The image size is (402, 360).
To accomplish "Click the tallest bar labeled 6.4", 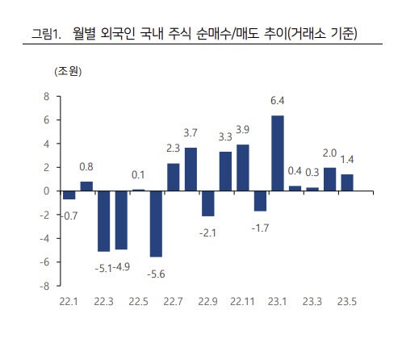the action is click(x=278, y=153).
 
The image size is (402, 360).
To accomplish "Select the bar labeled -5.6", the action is click(x=156, y=224).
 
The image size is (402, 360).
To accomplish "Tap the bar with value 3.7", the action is click(x=191, y=170).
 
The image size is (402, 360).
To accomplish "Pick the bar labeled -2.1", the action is click(x=208, y=203).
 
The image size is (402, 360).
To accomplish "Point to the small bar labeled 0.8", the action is click(x=86, y=186).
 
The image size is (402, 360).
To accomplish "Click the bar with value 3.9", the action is click(x=243, y=168).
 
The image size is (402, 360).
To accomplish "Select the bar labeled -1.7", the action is click(x=260, y=201).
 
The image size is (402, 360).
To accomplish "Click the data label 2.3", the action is click(x=173, y=149).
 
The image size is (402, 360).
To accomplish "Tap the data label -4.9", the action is click(x=121, y=267).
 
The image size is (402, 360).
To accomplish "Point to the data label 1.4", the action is click(x=347, y=160).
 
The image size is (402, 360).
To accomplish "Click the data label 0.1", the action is click(x=138, y=175).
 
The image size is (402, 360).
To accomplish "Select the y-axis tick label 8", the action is click(x=46, y=96).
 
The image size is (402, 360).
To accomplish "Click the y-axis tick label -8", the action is click(x=44, y=286).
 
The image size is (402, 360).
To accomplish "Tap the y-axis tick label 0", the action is click(x=46, y=191).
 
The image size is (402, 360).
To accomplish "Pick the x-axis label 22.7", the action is click(x=173, y=302).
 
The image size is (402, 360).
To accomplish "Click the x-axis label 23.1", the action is click(x=277, y=302).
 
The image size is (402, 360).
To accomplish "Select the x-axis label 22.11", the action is click(x=242, y=302).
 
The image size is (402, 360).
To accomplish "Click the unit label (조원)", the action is click(x=68, y=72).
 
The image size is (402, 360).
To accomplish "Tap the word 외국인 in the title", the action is click(x=118, y=34).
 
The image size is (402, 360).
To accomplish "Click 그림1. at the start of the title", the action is click(x=47, y=34).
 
